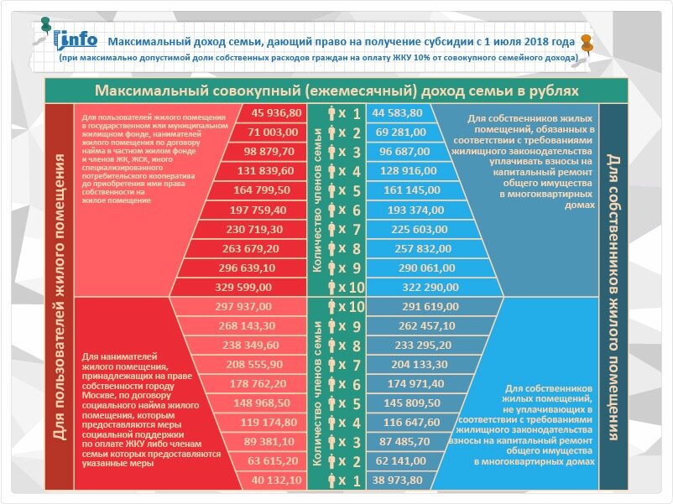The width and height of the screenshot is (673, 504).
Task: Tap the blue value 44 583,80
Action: [397, 113]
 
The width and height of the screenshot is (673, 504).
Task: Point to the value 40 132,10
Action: [276, 480]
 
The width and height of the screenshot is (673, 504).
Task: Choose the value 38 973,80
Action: [397, 480]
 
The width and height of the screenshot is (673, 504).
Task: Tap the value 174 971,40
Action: [416, 383]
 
